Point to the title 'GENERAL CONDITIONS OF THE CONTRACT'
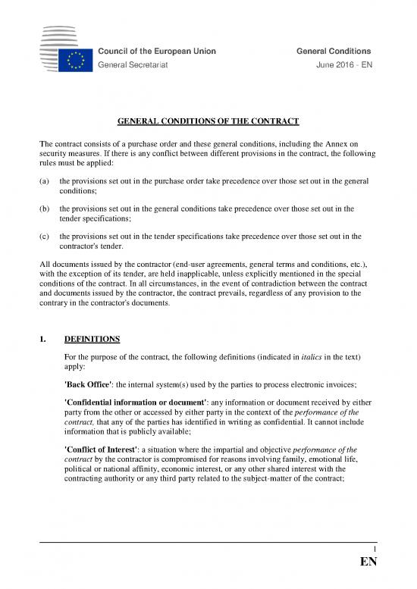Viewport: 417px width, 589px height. click(x=208, y=123)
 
